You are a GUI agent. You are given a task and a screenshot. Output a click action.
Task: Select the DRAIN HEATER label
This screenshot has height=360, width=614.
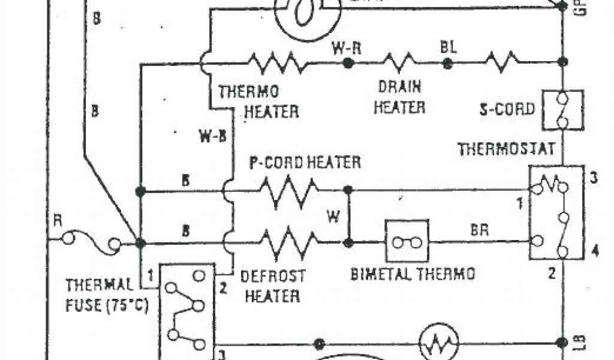tap(400, 97)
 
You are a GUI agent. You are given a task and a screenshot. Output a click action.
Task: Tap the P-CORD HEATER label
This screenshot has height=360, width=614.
tap(305, 162)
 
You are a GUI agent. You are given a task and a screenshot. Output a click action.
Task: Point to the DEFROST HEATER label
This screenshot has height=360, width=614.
tap(273, 286)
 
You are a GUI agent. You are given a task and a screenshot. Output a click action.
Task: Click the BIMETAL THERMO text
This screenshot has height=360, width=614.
tap(413, 274)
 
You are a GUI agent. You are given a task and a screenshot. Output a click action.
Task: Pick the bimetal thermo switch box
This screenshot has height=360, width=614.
tap(407, 241)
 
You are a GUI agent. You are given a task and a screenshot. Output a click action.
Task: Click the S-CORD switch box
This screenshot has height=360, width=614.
tap(562, 110)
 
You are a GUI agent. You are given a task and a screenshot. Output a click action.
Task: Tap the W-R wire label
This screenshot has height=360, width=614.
tap(347, 49)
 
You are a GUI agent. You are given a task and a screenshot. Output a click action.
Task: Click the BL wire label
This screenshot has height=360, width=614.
tap(447, 47)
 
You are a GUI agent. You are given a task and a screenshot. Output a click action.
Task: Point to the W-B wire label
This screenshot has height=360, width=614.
tap(213, 136)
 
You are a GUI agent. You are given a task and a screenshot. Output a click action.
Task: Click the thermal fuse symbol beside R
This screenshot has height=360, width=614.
tap(91, 242)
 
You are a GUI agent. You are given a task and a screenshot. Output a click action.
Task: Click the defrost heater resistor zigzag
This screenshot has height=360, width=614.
tap(289, 242)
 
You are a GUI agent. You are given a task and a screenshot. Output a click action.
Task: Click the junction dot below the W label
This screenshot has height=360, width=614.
tap(348, 242)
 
